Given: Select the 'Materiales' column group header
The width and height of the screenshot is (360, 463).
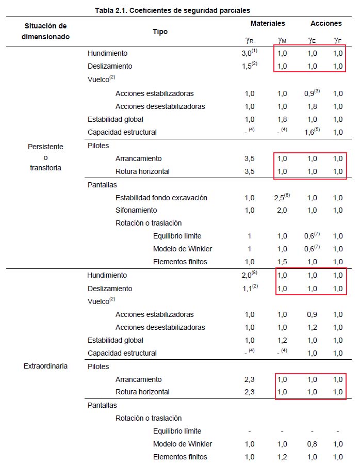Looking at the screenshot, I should click(268, 23).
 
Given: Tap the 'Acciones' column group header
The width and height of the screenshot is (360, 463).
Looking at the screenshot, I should click(326, 23).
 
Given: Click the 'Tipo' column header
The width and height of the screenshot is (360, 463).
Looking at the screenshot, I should click(160, 31).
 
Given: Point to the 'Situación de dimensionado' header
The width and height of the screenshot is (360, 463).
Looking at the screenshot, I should click(45, 31).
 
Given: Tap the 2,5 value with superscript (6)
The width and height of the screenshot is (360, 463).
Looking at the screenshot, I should click(282, 198).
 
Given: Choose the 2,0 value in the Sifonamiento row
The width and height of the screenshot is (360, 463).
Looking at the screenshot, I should click(282, 210).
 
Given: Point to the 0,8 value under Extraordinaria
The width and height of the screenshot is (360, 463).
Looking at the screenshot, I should click(312, 444).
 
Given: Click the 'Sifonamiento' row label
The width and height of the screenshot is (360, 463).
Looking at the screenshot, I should click(136, 210).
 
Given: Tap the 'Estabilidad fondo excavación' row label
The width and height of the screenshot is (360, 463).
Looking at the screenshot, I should click(161, 198).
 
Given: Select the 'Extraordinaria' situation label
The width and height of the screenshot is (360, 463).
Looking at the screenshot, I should click(45, 366).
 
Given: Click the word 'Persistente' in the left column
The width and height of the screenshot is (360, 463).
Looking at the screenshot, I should click(45, 147).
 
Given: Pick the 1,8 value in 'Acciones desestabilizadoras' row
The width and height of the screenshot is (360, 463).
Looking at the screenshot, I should click(312, 106).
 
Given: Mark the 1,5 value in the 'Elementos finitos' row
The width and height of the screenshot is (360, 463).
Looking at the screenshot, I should click(282, 262).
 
